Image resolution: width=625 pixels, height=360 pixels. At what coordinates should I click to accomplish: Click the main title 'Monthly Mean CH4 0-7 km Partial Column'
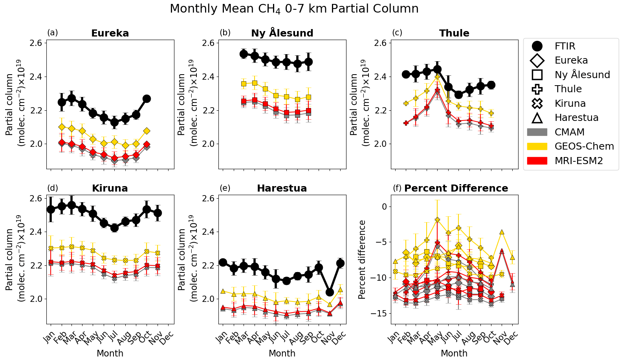pos(294,9)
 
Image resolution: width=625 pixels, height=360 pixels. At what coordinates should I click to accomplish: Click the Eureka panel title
pos(110,33)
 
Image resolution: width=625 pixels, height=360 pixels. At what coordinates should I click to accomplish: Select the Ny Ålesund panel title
pos(282,33)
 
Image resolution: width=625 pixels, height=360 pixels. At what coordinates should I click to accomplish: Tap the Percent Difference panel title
pos(456,188)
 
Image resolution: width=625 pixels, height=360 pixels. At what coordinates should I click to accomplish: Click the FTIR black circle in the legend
pos(537,46)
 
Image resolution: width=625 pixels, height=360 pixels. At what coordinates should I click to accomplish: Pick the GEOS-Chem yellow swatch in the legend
pos(537,146)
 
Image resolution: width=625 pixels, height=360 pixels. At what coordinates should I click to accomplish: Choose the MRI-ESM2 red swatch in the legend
pos(537,161)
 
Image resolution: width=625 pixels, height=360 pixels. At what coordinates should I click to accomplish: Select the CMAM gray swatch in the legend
pos(537,132)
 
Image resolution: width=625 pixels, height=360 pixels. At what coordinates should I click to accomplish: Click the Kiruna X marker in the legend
pos(537,103)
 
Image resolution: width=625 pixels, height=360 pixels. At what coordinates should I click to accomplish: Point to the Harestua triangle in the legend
pos(537,118)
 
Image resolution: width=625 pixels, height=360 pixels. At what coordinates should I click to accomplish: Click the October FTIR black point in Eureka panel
pos(147,99)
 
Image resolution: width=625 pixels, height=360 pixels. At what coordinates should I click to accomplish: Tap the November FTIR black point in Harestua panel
pos(330,292)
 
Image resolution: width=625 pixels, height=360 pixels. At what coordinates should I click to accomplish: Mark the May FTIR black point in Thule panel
pos(437,69)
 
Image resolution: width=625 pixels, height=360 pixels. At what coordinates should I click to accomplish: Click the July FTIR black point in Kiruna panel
pos(114,228)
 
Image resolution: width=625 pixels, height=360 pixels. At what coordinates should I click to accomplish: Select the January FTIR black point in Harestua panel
pos(223,262)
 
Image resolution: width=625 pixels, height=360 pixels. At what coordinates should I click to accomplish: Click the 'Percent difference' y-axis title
pos(362,259)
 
